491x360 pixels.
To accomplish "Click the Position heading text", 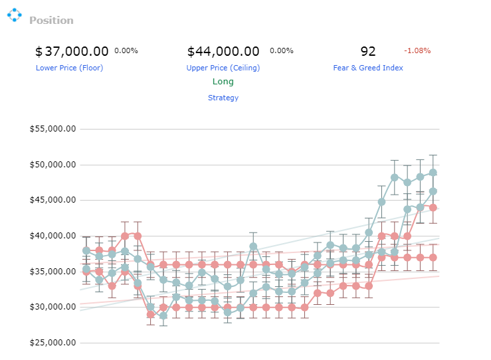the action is [51, 21].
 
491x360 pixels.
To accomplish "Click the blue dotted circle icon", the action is [15, 15].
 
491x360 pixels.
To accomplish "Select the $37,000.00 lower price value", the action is [72, 51].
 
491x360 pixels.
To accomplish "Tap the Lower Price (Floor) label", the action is [69, 68].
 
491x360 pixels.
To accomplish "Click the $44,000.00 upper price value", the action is [223, 51].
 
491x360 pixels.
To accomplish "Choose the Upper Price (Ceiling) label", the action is [223, 68].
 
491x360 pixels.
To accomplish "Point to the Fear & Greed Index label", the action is [368, 68].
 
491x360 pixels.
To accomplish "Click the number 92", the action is [368, 51].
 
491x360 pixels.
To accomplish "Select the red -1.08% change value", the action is [417, 50].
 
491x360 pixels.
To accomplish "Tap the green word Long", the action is [223, 82].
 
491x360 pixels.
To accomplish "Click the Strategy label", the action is [223, 98].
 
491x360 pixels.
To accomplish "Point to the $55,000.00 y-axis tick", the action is [52, 129].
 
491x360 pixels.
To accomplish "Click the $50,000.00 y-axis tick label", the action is [52, 165].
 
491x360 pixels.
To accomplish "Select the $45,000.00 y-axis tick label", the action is [52, 200].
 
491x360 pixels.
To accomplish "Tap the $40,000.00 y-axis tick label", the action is [52, 236].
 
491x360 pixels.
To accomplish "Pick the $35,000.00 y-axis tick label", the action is [52, 272].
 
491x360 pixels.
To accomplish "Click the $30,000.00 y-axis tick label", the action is [52, 307].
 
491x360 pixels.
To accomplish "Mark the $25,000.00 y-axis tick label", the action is [52, 343].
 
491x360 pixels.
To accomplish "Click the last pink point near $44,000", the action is [433, 207].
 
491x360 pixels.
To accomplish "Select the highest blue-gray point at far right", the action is [433, 173].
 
